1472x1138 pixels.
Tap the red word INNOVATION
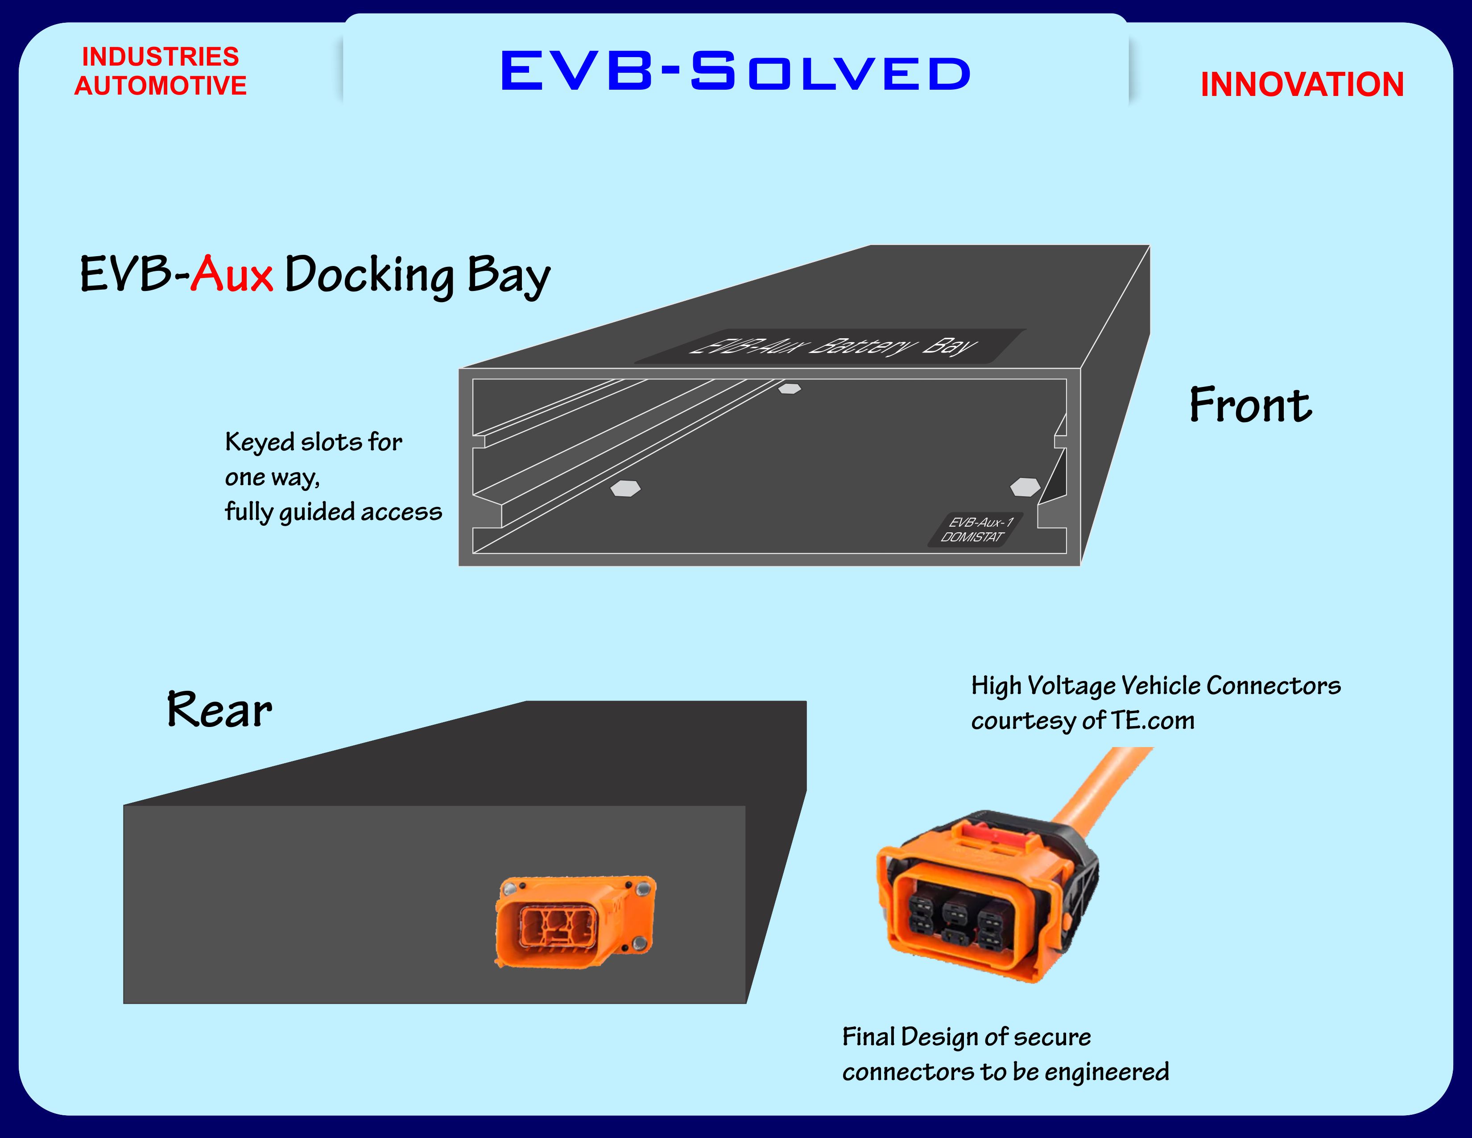click(x=1302, y=85)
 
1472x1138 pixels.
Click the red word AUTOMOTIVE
click(x=161, y=86)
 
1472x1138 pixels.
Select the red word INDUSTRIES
click(x=161, y=57)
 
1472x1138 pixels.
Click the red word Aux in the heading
click(x=231, y=274)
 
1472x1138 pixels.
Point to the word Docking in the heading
click(x=369, y=276)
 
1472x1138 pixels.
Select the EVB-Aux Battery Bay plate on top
click(x=831, y=346)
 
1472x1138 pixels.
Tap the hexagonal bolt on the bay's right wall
click(x=1025, y=487)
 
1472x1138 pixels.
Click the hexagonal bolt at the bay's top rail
click(x=789, y=388)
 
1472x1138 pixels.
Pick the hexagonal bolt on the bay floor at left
click(x=625, y=488)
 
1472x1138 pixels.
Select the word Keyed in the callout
click(x=260, y=442)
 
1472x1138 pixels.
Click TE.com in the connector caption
click(x=1153, y=721)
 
